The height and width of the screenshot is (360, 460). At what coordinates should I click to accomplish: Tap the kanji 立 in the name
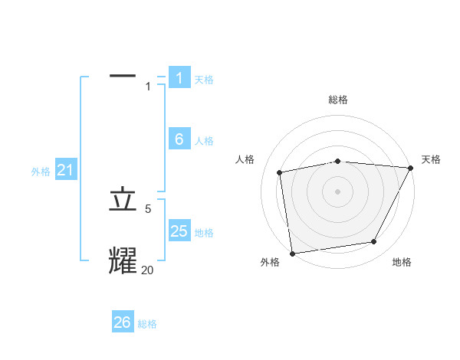[123, 200]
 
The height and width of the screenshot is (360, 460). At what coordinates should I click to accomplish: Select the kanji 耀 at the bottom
[123, 260]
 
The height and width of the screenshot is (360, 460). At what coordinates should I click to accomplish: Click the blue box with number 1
[179, 77]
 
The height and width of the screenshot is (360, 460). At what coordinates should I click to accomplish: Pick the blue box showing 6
[179, 139]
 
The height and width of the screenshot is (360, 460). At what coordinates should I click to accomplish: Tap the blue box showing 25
[179, 231]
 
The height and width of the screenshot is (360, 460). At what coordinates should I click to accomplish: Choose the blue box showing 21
[65, 170]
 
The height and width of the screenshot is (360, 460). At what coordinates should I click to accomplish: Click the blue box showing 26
[123, 322]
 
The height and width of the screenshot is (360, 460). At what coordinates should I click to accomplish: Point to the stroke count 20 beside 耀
[148, 269]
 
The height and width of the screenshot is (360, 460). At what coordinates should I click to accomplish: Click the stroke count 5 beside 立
[148, 208]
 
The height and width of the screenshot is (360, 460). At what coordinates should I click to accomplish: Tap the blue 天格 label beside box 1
[204, 79]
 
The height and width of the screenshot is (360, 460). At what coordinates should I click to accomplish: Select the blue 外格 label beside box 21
[41, 172]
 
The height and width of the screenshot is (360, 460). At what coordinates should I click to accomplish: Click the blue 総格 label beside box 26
[147, 324]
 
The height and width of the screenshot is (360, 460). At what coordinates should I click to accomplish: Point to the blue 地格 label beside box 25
[204, 233]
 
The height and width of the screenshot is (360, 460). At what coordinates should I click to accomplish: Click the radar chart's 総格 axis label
[337, 100]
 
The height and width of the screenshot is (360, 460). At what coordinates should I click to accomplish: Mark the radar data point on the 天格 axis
[410, 168]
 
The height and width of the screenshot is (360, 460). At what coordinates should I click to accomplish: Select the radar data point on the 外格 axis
[292, 253]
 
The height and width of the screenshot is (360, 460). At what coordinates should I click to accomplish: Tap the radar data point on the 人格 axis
[280, 172]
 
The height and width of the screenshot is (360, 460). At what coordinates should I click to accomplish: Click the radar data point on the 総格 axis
[337, 161]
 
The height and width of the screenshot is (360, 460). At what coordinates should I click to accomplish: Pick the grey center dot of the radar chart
[337, 191]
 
